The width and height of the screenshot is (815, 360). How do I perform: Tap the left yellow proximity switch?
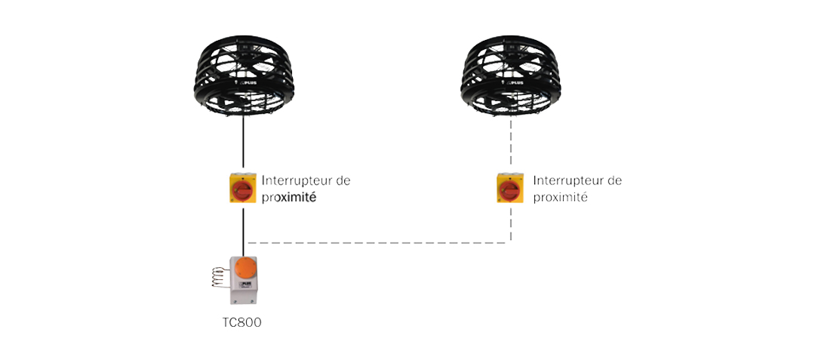pos(243,187)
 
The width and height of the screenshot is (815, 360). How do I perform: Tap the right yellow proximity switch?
pos(510,187)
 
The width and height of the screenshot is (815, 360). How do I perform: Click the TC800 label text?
pos(241,322)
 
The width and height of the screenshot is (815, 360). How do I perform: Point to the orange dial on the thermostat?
pos(246,268)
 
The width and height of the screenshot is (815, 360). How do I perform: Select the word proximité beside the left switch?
pos(289,198)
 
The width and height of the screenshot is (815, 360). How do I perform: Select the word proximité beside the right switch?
pos(560,198)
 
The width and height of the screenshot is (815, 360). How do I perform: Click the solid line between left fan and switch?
pos(243,143)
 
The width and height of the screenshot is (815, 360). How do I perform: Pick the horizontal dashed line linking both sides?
pos(378,242)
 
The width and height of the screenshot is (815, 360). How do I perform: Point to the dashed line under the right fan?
pos(511,144)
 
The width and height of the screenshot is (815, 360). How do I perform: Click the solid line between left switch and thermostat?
pos(243,229)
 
